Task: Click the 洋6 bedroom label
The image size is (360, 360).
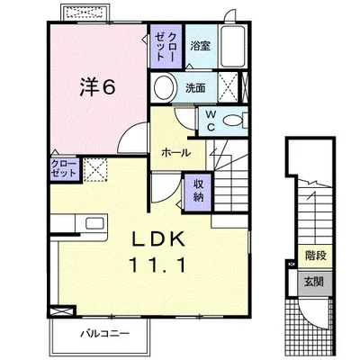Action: (97, 87)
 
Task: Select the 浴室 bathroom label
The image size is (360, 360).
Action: (201, 46)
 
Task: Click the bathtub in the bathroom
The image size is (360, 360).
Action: (232, 46)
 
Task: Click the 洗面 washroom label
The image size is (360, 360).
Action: (195, 87)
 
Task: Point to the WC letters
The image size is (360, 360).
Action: (211, 121)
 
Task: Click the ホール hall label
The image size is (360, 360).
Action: (175, 153)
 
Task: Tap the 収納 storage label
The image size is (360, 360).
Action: (199, 192)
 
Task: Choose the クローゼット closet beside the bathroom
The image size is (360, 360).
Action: (166, 46)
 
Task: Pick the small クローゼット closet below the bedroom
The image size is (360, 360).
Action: (64, 169)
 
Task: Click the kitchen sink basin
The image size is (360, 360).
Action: (94, 223)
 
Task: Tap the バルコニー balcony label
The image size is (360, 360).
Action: (104, 334)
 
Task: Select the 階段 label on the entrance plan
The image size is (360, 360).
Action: (316, 256)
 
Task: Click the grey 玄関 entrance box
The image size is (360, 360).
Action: (315, 282)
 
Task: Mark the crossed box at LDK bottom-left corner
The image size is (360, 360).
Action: (62, 311)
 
